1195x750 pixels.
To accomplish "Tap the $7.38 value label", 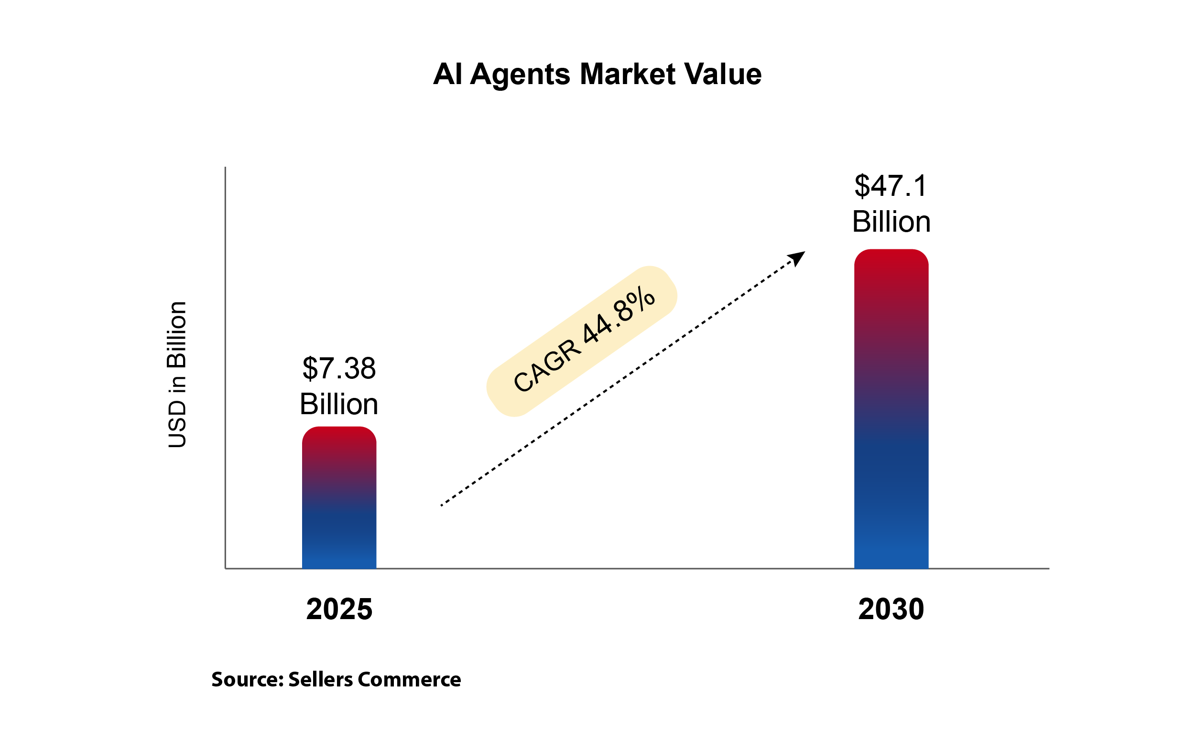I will tap(339, 369).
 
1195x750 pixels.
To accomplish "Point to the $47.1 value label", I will tap(891, 186).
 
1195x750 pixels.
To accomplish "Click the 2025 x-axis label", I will tap(339, 609).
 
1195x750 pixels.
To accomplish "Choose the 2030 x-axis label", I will tap(891, 609).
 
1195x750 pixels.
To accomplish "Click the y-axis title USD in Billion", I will tap(177, 375).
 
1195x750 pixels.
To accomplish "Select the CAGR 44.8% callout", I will tap(582, 341).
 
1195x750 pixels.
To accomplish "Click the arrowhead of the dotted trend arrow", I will tap(797, 258).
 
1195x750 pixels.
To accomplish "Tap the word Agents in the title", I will tap(520, 75).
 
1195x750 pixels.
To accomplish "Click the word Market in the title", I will tap(627, 74).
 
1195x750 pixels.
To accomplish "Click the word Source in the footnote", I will tap(247, 680).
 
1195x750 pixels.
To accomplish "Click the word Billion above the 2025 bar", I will tap(339, 404).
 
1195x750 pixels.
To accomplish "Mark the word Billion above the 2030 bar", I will tap(891, 222).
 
